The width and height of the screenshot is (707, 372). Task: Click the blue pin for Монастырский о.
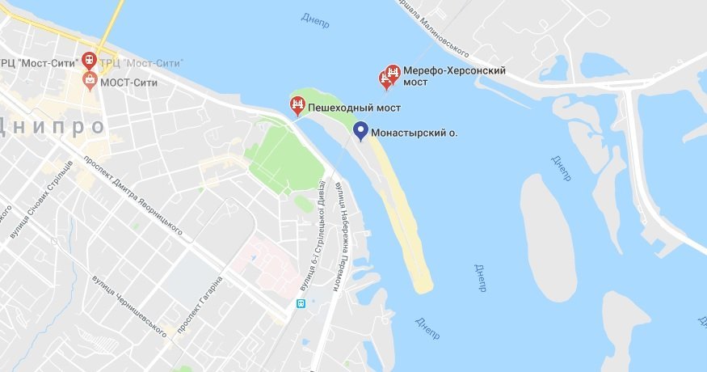tap(361, 130)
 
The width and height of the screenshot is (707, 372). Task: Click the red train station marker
tap(88, 61)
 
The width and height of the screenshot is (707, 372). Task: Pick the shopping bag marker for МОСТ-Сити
tap(90, 79)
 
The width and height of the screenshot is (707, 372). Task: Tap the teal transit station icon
tap(301, 304)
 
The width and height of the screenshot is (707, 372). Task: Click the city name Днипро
tap(53, 127)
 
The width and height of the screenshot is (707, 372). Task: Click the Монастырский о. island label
tap(416, 133)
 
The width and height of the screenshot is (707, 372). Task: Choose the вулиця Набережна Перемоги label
tap(339, 235)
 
